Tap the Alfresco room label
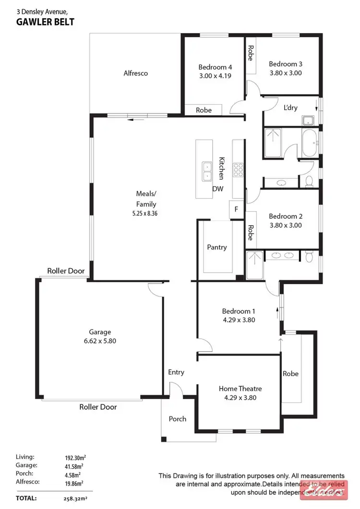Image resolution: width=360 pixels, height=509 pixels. (135, 73)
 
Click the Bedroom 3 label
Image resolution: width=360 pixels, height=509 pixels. (285, 64)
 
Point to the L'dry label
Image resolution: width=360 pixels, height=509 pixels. (290, 107)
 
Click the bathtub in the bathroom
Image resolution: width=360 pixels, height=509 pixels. (310, 142)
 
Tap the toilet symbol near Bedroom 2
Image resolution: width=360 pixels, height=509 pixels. (310, 181)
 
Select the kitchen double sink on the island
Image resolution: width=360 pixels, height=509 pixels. (206, 171)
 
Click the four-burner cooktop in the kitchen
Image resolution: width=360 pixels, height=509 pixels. (238, 169)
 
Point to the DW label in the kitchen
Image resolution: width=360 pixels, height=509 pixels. (218, 189)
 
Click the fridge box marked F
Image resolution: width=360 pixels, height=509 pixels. (236, 209)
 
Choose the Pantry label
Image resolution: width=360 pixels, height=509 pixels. (216, 247)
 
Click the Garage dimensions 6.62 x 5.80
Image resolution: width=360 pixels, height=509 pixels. (100, 341)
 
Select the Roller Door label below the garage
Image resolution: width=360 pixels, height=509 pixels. (98, 407)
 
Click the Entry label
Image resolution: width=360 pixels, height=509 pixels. (176, 372)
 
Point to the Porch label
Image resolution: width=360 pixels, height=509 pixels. (177, 419)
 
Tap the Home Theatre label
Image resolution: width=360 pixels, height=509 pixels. (240, 389)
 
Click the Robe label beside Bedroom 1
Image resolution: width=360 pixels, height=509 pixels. (290, 373)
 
